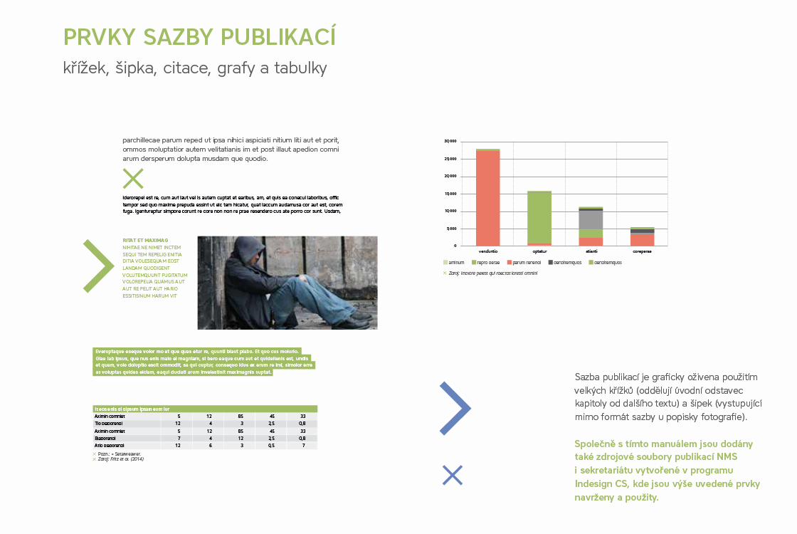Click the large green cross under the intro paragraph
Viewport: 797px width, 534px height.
[133, 179]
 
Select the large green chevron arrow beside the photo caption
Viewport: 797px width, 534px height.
[99, 266]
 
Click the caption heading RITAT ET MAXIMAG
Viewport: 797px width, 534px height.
[145, 241]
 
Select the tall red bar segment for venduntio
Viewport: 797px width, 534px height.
[487, 198]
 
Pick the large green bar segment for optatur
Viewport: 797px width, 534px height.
[539, 216]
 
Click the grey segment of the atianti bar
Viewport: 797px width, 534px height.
[591, 220]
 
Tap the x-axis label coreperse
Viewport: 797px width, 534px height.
[642, 251]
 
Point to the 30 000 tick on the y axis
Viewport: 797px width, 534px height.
[450, 141]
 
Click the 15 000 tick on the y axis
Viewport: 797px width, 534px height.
[450, 194]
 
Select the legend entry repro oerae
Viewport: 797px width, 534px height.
[485, 263]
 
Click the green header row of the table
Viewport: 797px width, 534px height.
[205, 409]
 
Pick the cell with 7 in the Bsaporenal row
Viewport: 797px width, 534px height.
[179, 439]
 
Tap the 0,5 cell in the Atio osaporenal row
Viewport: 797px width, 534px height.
[271, 446]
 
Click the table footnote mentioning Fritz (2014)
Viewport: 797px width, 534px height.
[121, 459]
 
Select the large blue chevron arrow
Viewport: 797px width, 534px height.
[454, 408]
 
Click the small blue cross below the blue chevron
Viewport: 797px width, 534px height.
[452, 475]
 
